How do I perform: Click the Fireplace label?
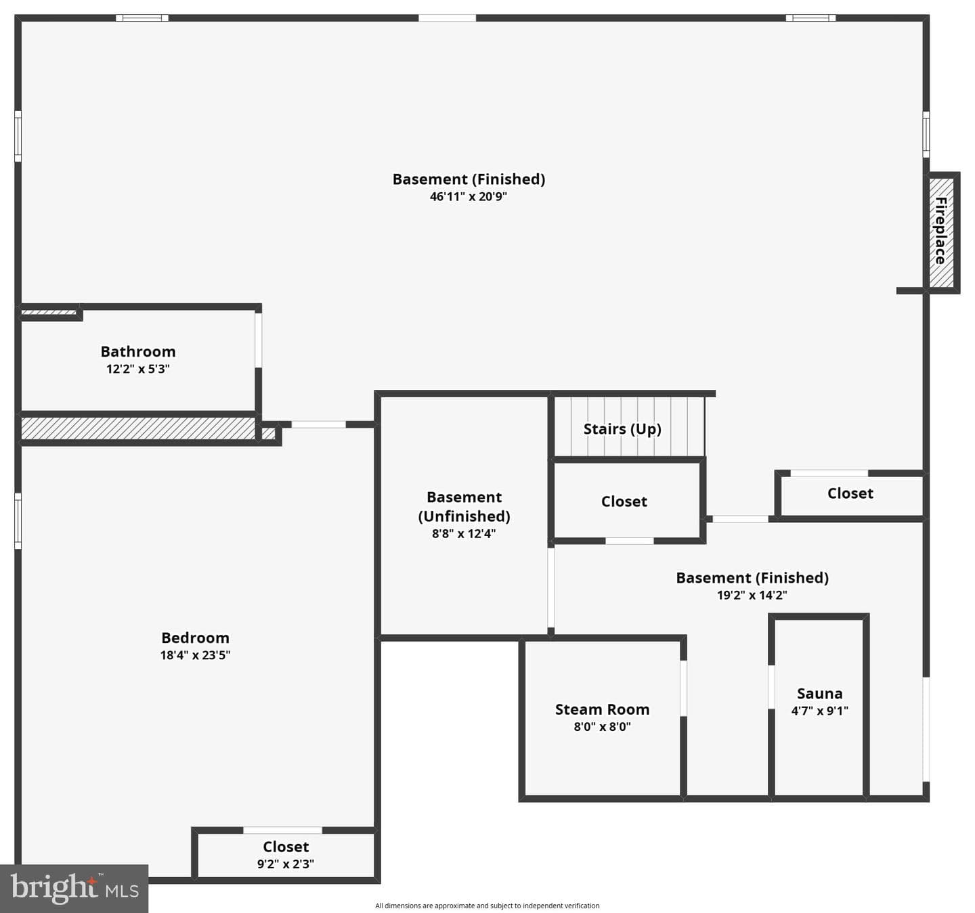point(940,231)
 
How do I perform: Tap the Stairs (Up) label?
point(622,429)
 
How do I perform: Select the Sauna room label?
point(819,693)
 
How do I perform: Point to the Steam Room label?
point(602,709)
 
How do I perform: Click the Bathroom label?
point(138,351)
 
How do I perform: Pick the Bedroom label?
point(196,638)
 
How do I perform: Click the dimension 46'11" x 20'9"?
point(469,196)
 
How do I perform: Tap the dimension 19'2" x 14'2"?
point(752,595)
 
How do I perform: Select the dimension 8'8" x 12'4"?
point(464,533)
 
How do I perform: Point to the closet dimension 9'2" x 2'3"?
point(286,864)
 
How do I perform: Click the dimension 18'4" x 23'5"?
point(196,655)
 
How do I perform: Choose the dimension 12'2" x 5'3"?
point(138,369)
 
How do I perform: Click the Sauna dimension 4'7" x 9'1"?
point(819,710)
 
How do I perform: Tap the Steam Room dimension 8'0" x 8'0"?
point(602,726)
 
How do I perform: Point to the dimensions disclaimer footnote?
point(487,906)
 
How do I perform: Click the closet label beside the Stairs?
point(624,501)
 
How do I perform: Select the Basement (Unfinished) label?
point(464,506)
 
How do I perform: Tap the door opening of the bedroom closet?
point(283,830)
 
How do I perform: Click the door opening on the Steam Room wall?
point(683,688)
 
